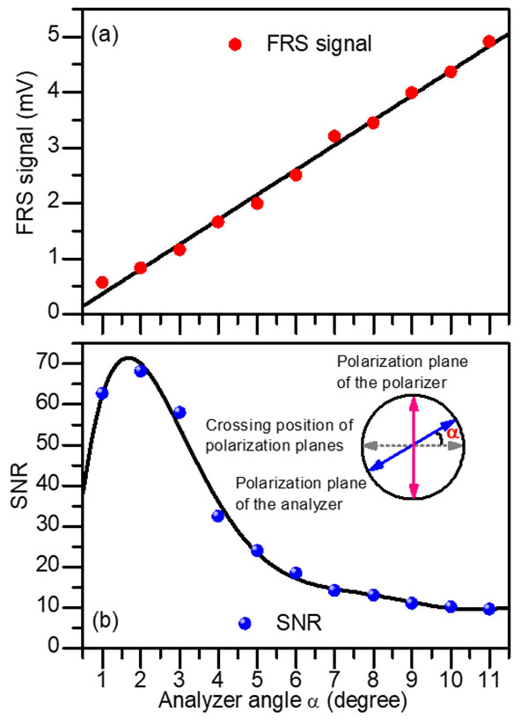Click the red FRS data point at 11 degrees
pos(489,41)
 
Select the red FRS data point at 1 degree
pos(102,282)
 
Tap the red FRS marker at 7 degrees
pos(334,135)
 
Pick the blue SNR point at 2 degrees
pos(141,370)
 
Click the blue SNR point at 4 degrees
pos(218,516)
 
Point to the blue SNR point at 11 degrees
pos(489,608)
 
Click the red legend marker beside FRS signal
pos(233,44)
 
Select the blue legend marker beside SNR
pos(246,623)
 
